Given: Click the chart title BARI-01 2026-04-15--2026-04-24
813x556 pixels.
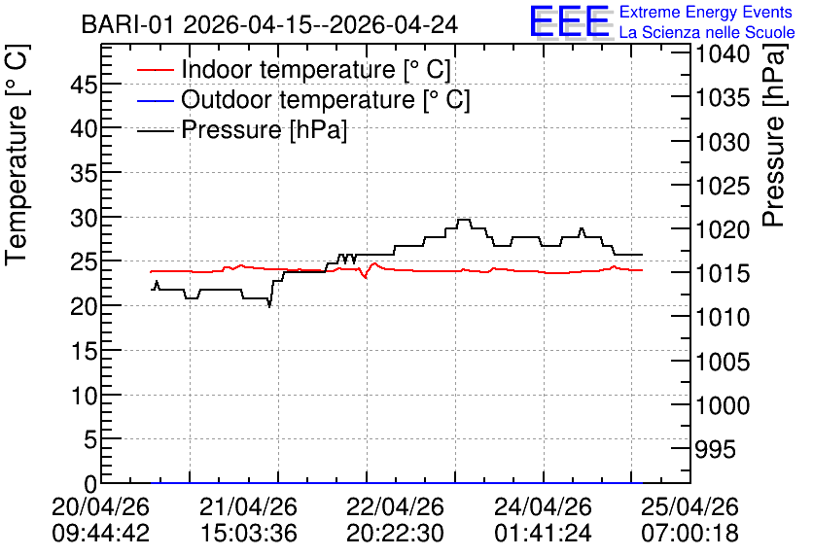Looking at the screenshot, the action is [x=269, y=24].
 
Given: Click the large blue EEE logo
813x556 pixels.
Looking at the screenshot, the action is [x=569, y=21].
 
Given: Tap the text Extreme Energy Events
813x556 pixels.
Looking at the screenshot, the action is [x=705, y=12].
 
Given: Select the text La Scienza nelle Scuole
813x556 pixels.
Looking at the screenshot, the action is [x=707, y=32].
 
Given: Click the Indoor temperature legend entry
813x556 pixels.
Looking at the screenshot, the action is [x=294, y=69].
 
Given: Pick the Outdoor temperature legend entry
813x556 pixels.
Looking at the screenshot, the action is [x=303, y=99].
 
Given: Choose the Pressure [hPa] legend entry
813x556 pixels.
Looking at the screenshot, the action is [x=242, y=129].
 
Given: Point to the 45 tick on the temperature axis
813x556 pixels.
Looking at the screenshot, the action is [x=84, y=84].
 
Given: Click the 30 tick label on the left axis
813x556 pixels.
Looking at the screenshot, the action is [x=84, y=218].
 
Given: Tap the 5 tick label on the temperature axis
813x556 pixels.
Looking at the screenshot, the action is [x=90, y=440].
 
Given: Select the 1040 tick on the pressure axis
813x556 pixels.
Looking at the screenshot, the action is [x=723, y=53].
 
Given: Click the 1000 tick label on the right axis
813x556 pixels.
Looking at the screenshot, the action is [x=723, y=405].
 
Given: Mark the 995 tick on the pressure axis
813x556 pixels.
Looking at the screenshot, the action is [x=715, y=449].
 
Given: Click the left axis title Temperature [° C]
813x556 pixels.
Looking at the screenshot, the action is [x=17, y=156].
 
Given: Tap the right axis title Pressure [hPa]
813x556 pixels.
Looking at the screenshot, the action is [x=774, y=135].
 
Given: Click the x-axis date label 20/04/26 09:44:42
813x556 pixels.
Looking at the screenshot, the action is [x=101, y=519].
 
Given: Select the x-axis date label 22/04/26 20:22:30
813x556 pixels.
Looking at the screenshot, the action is [x=395, y=519].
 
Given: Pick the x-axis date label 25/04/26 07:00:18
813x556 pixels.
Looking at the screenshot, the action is [x=690, y=519].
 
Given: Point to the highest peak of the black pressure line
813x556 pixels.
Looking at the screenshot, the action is [x=464, y=220].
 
